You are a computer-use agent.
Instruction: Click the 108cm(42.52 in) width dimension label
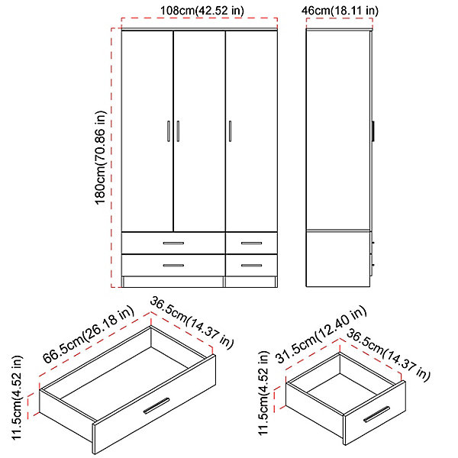pos(202,11)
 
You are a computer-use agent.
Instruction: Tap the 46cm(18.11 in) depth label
pos(340,11)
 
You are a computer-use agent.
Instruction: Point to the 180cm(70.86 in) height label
pos(101,158)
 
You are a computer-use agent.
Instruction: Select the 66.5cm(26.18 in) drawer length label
pos(89,335)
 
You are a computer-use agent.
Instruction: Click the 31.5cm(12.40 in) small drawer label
pos(321,335)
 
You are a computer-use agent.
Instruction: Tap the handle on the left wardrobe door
pos(169,131)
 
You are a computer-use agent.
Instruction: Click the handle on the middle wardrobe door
pos(178,131)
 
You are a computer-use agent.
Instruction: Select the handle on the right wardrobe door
pos(231,131)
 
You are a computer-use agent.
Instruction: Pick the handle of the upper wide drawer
pos(173,243)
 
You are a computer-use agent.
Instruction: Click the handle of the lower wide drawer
pos(173,266)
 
